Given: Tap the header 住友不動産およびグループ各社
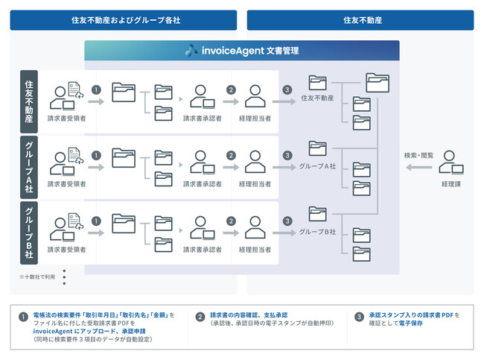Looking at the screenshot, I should point(124,19).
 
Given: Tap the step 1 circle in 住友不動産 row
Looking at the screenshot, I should point(95,90).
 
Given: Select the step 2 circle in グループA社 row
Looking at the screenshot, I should point(231,156).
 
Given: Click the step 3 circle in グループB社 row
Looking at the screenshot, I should point(287,221).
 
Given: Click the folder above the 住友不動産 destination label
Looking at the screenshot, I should point(318,83).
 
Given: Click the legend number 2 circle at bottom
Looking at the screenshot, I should point(201,316).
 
